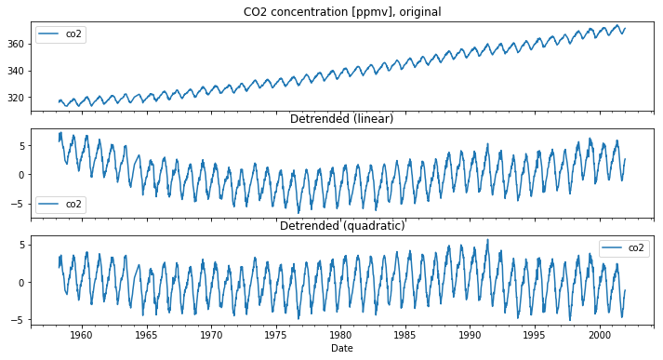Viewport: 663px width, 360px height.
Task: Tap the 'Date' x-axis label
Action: click(x=341, y=349)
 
